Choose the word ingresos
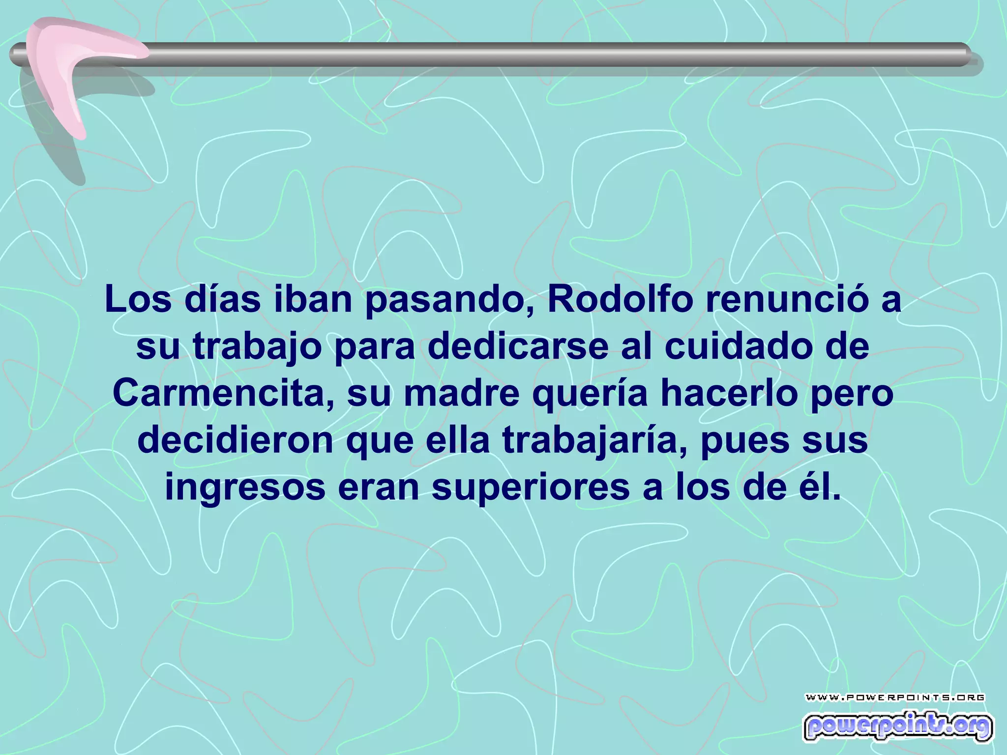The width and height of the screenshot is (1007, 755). [x=245, y=489]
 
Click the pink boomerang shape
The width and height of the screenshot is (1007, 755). [x=69, y=64]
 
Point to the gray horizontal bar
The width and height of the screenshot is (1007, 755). [x=541, y=54]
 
